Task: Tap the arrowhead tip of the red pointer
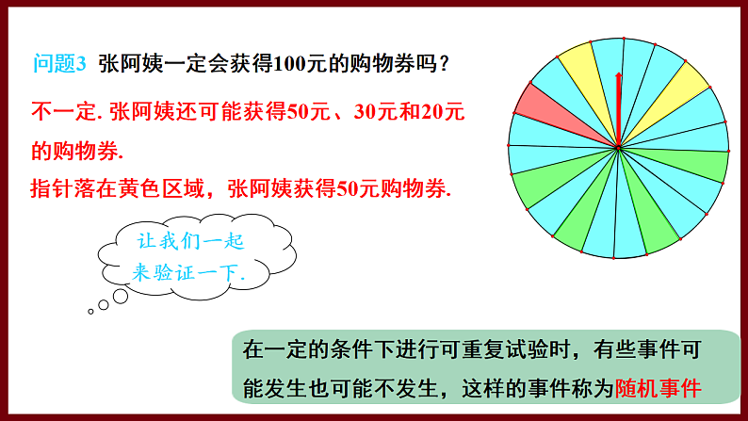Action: (618, 74)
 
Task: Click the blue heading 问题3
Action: (59, 63)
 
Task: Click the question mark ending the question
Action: (443, 63)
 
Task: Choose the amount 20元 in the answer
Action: (445, 112)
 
